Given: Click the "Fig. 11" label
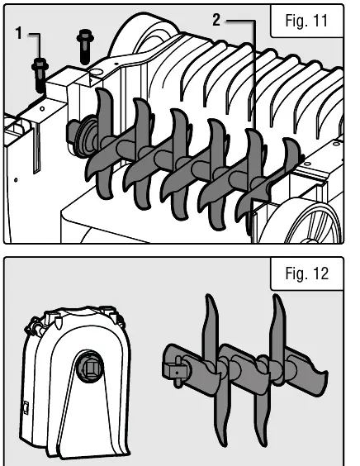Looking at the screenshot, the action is point(306,21).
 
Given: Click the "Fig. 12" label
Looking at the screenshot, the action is point(307,273).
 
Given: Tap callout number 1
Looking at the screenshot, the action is point(19,33).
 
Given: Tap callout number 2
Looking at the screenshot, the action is point(216,20).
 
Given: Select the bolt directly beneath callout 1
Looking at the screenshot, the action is point(40,75).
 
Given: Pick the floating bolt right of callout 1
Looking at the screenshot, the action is point(85,46).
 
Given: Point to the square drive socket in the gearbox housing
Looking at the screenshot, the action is point(90,369).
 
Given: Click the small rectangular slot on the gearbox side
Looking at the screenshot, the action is point(26,408).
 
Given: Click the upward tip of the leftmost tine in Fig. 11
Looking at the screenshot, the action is point(99,90).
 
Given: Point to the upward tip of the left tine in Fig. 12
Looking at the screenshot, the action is point(209,297).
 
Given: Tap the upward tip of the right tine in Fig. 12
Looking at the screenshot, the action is point(276,297).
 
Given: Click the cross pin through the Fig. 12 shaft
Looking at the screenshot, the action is point(178,372).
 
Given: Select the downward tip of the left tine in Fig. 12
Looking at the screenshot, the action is point(224,444).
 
